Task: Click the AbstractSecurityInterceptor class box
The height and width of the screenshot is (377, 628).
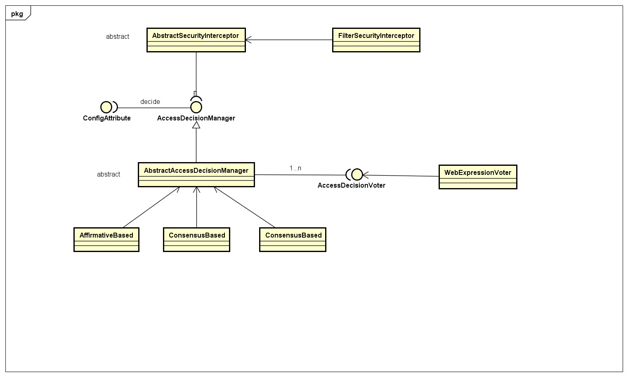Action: pos(196,40)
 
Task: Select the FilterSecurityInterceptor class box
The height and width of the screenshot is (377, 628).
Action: pos(376,40)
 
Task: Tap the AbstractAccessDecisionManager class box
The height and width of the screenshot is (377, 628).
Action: pos(196,174)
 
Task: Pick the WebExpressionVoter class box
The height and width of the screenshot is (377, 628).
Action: pos(477,177)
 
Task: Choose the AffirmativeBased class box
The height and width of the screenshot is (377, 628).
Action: pos(106,239)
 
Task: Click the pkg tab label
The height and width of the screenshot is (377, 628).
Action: pos(17,14)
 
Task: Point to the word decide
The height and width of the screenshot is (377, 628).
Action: pos(150,101)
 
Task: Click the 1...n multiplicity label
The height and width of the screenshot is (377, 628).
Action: pos(295,168)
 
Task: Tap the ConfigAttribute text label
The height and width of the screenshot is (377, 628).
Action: pos(106,118)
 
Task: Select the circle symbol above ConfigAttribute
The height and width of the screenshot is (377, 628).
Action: pos(106,107)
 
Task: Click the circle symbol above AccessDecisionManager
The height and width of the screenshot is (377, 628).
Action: pos(196,107)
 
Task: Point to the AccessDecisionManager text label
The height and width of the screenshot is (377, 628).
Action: pos(196,118)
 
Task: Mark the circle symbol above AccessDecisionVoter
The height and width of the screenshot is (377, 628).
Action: pos(356,174)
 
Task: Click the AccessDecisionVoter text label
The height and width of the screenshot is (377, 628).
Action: pos(351,185)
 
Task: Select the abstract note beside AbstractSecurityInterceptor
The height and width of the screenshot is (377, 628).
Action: pos(118,36)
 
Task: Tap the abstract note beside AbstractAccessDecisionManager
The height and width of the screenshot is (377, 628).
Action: pos(109,174)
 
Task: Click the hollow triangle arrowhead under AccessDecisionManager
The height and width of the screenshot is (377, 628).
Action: pos(196,125)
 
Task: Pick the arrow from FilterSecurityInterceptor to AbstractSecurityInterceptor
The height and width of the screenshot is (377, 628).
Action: pos(289,40)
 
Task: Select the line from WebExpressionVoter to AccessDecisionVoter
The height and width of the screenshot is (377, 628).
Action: pos(400,176)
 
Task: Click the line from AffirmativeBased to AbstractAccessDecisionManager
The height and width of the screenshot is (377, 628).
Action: pos(151,207)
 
